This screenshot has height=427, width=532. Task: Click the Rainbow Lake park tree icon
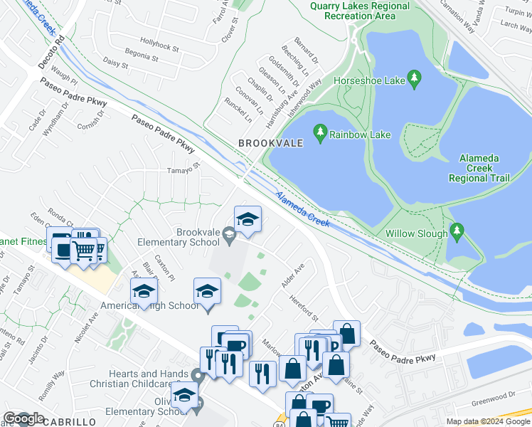coord(320,132)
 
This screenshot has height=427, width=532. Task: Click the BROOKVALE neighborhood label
coord(270,143)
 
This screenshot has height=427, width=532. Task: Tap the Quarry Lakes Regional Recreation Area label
coord(360,11)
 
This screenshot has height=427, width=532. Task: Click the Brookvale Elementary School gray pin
coord(228,233)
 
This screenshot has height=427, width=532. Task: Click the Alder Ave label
coord(292,275)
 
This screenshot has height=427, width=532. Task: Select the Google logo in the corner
coord(23,418)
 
